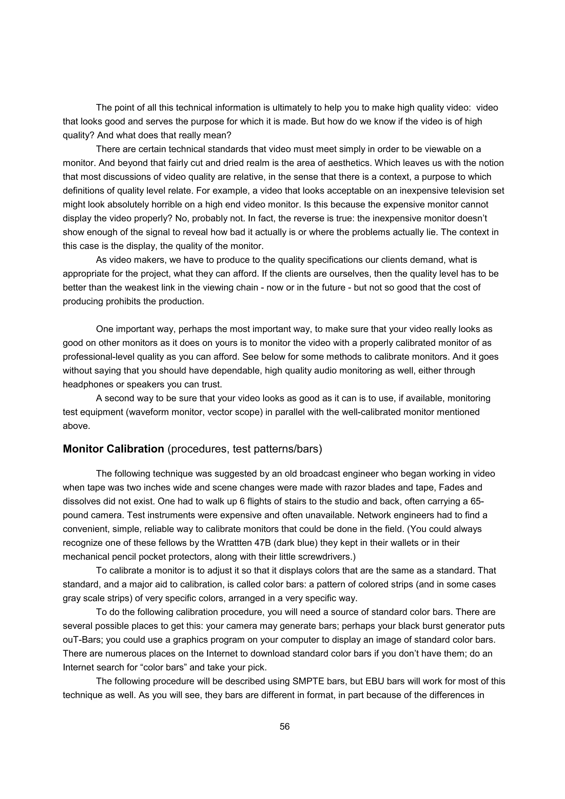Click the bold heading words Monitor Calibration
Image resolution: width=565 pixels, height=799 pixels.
pos(113,449)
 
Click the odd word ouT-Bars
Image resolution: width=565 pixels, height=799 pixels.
pos(83,640)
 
